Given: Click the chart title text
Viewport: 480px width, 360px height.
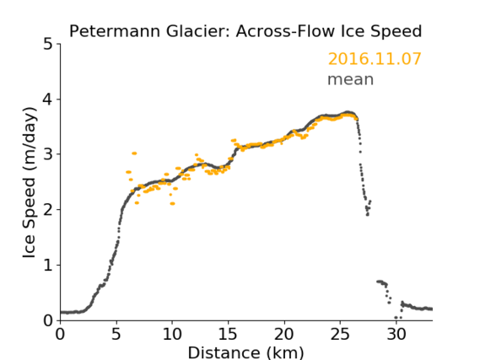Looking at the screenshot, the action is pyautogui.click(x=245, y=31).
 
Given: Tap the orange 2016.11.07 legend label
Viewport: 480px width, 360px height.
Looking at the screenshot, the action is pyautogui.click(x=375, y=59).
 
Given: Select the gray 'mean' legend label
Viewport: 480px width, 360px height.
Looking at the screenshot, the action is pyautogui.click(x=351, y=79).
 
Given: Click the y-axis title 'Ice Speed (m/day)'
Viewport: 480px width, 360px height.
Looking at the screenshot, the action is pyautogui.click(x=30, y=182).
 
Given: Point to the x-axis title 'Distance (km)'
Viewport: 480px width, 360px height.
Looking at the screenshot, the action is pyautogui.click(x=245, y=352).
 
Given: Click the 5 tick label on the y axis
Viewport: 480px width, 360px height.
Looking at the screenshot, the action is pyautogui.click(x=48, y=45).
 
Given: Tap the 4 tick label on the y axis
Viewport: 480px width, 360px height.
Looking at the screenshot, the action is pyautogui.click(x=48, y=99).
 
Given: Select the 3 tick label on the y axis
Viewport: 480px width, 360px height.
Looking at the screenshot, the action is pyautogui.click(x=48, y=154).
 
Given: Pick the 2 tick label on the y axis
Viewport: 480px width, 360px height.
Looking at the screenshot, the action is pyautogui.click(x=48, y=210).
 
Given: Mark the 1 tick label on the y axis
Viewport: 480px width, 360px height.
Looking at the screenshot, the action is pyautogui.click(x=48, y=266).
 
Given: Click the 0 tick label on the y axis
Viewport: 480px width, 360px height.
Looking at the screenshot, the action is pyautogui.click(x=48, y=320).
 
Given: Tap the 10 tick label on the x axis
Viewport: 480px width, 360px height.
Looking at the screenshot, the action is pyautogui.click(x=172, y=334).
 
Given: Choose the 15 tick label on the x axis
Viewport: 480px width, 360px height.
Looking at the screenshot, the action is pyautogui.click(x=228, y=334).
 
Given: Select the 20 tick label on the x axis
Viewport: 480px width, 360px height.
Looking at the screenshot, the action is pyautogui.click(x=284, y=334).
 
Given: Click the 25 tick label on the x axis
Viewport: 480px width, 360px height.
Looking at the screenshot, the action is pyautogui.click(x=340, y=334).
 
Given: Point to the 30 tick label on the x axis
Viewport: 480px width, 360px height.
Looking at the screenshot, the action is pyautogui.click(x=396, y=334).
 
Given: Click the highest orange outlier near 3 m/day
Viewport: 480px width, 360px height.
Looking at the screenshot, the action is pyautogui.click(x=134, y=153).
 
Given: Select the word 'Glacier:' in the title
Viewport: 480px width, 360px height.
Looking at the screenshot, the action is pyautogui.click(x=198, y=31).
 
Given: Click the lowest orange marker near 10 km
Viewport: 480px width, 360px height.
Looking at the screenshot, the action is pyautogui.click(x=172, y=203).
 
